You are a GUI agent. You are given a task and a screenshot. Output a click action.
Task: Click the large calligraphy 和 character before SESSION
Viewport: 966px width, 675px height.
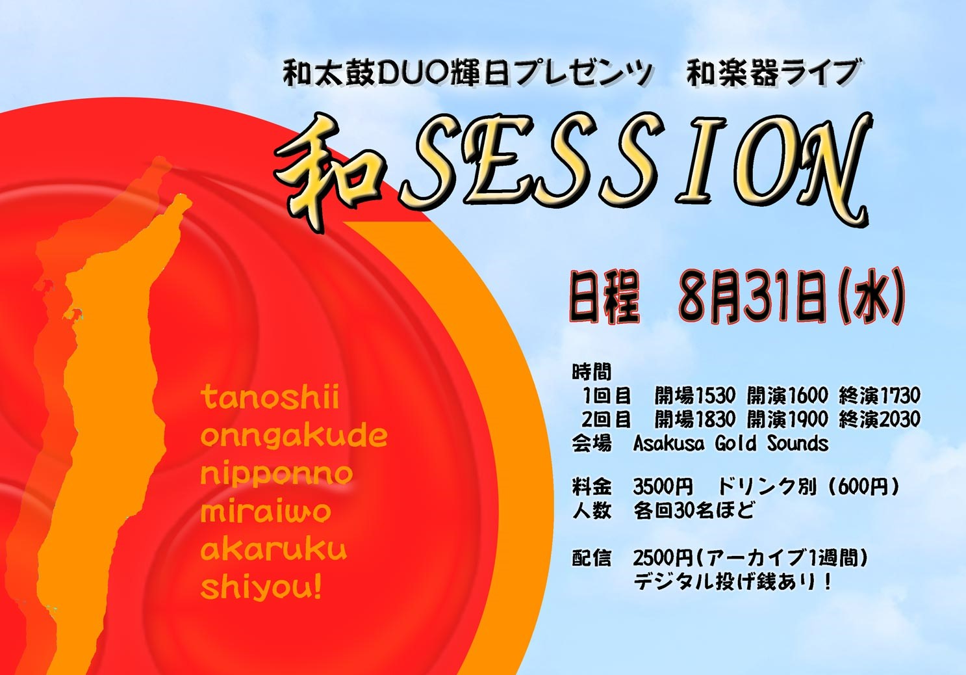(328, 172)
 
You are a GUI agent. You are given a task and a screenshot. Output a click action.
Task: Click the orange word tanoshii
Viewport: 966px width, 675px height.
(270, 398)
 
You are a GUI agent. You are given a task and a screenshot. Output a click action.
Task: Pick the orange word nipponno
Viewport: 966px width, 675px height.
(277, 475)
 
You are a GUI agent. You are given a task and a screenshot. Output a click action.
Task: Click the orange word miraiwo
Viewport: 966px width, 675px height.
(266, 512)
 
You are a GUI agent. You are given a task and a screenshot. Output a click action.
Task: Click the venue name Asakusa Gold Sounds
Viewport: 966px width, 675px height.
(731, 443)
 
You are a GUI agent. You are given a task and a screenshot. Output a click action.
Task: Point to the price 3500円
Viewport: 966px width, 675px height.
(663, 487)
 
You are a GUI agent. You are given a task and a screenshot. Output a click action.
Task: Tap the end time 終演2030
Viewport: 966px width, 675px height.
(880, 419)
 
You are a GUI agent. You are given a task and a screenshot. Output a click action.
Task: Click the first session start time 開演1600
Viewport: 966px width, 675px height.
(787, 395)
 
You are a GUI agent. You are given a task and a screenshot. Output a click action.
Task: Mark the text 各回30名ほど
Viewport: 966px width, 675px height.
(694, 511)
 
